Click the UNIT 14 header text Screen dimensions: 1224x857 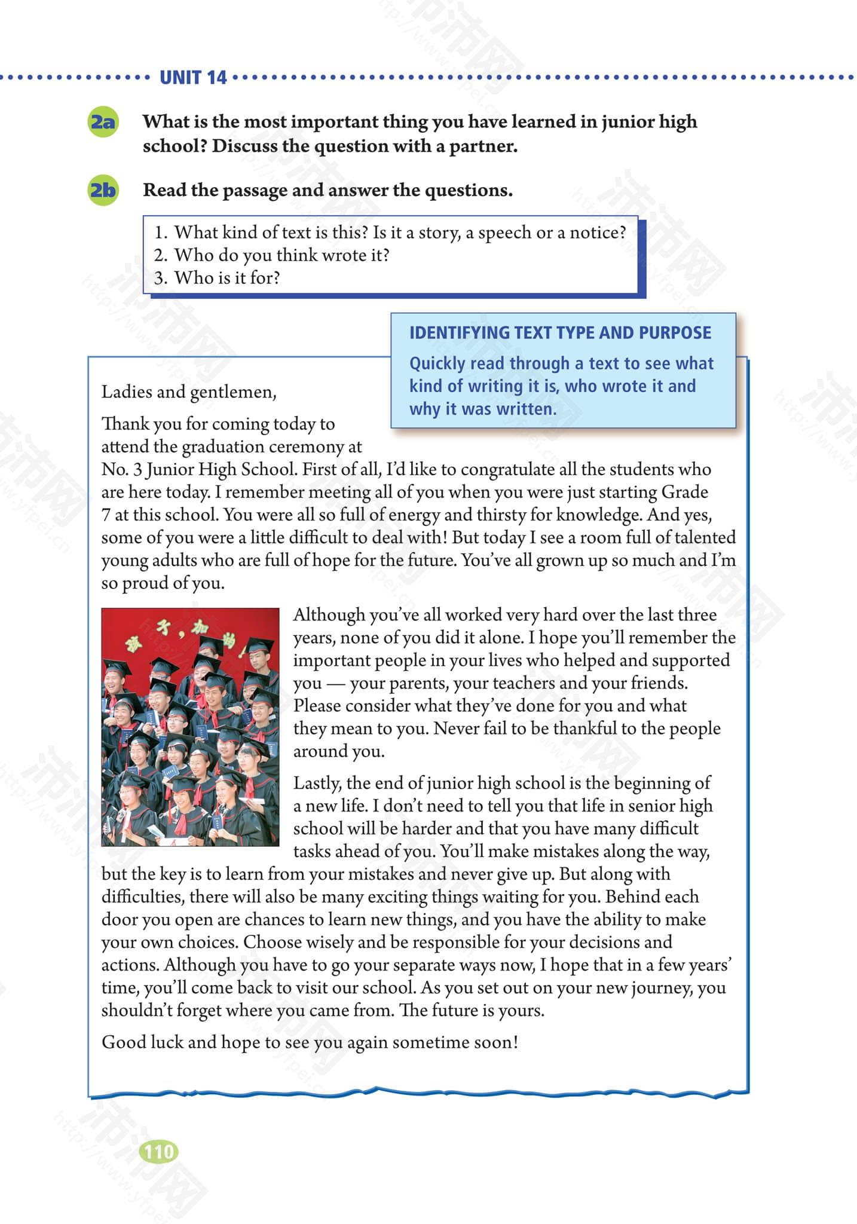[193, 77]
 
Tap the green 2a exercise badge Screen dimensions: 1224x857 [103, 122]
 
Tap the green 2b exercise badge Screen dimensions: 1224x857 [103, 190]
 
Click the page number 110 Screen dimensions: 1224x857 [158, 1152]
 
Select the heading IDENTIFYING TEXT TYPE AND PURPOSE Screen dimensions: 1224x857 [560, 332]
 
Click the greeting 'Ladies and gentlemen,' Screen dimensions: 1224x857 [189, 392]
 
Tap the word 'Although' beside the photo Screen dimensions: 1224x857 [329, 615]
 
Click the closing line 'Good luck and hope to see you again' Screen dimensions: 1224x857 [310, 1042]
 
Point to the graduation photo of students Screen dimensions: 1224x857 [190, 727]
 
